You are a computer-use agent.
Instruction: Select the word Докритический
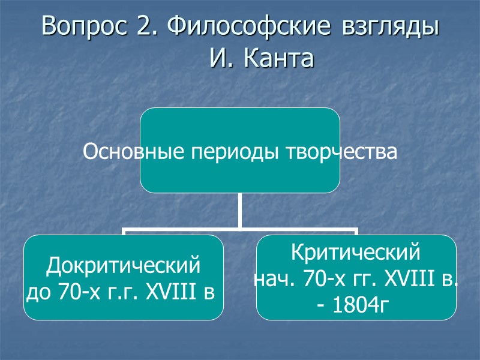tap(123, 265)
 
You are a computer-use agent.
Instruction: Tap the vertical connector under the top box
tap(239, 210)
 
